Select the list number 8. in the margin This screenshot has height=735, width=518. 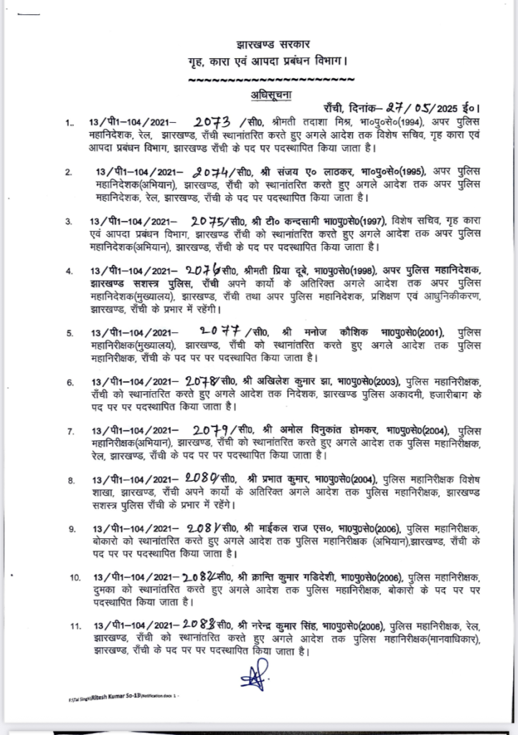pyautogui.click(x=70, y=479)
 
